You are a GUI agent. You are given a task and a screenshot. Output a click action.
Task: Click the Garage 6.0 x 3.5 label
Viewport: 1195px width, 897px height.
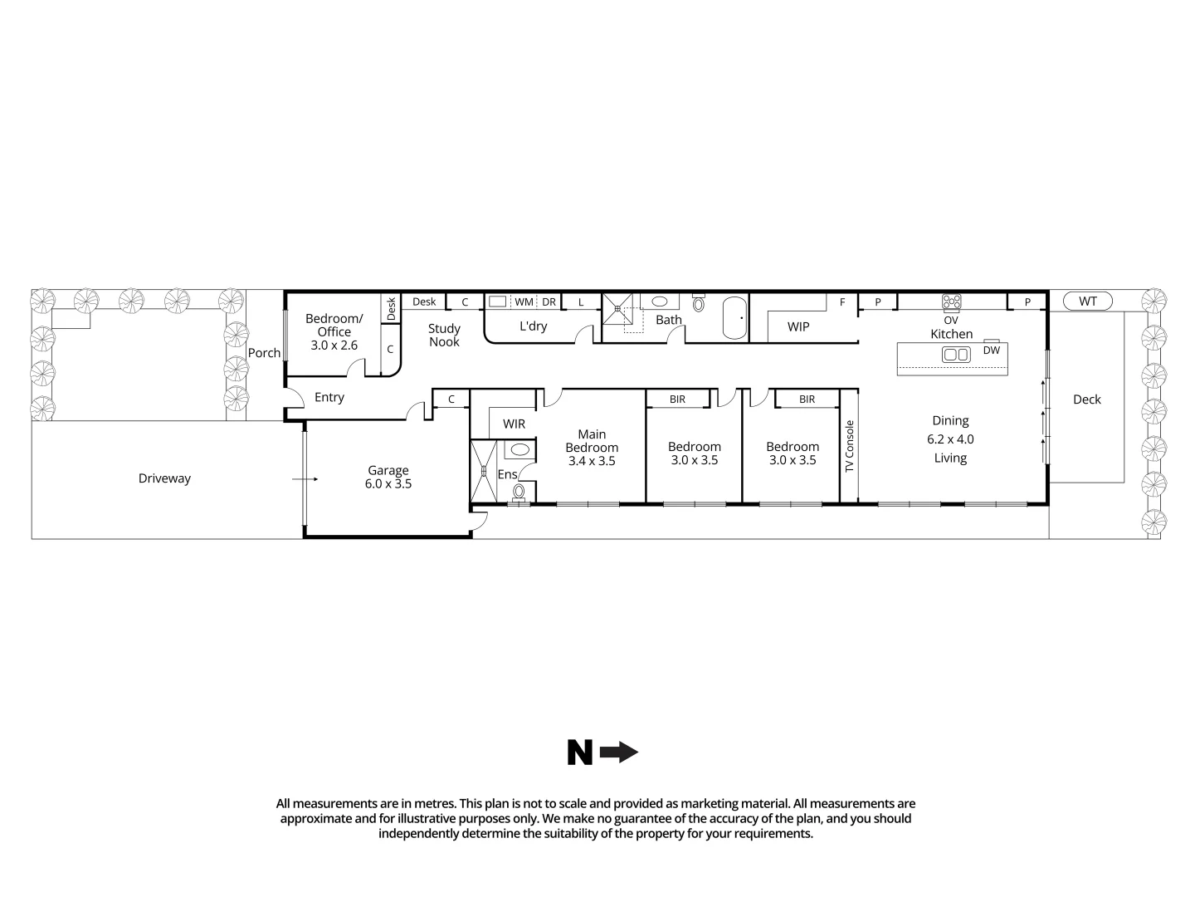click(388, 477)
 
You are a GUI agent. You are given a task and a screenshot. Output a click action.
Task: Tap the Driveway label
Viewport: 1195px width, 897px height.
click(164, 478)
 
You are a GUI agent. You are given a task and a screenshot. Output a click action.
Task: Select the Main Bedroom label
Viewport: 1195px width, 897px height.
click(592, 447)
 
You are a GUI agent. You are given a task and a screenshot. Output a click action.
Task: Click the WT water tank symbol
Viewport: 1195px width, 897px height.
click(1087, 301)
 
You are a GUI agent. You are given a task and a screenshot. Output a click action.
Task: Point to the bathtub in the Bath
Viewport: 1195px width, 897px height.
click(734, 317)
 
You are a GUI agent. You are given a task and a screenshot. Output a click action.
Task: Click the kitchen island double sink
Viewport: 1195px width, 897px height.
click(955, 355)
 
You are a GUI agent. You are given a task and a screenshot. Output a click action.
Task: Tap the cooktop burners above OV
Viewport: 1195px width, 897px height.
click(951, 302)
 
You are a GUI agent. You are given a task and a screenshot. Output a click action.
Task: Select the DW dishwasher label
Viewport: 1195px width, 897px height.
click(992, 350)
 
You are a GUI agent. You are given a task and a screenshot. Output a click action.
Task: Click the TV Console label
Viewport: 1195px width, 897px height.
click(849, 447)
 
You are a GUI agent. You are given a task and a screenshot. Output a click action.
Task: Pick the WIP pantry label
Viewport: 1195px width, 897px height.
click(798, 326)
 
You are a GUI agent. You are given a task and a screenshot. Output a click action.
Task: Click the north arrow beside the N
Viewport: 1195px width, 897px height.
click(619, 753)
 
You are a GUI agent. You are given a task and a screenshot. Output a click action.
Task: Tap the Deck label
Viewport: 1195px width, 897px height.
click(1086, 399)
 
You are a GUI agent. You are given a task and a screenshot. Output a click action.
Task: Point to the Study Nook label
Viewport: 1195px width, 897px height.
click(444, 335)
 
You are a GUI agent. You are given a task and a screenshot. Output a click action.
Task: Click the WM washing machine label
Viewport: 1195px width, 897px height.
click(524, 302)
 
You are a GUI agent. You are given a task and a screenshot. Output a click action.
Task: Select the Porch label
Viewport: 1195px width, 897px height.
click(265, 353)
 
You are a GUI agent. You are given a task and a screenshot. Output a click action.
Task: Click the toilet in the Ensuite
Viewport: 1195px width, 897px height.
click(519, 492)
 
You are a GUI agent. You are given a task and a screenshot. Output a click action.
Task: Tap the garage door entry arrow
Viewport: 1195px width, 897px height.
click(305, 479)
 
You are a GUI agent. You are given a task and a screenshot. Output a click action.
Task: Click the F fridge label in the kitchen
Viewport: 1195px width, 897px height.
click(842, 302)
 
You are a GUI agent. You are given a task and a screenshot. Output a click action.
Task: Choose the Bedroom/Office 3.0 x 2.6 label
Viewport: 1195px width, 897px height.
click(334, 331)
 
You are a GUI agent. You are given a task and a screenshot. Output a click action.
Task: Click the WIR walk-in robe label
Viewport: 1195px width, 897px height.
click(514, 424)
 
